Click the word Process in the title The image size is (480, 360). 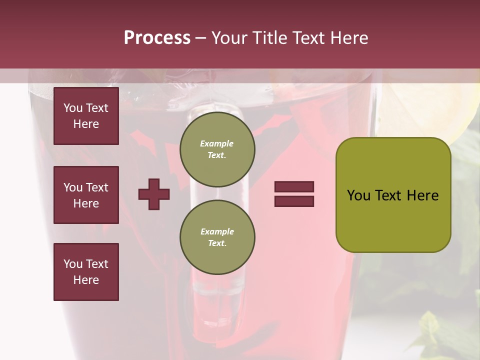point(157,38)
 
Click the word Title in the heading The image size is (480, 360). point(269,38)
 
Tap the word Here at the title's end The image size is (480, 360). point(348,38)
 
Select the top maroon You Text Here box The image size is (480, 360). point(86,116)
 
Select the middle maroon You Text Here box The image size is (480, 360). point(86,195)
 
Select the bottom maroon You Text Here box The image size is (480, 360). point(86,271)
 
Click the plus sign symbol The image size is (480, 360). point(154,194)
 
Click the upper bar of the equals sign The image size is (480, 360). point(294,187)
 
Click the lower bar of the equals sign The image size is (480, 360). point(294,201)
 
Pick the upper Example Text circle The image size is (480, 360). point(217,149)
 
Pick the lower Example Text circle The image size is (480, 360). point(217,237)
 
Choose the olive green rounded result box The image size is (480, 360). point(393,195)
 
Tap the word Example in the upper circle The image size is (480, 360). point(217,143)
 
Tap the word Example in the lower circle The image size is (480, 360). point(217,231)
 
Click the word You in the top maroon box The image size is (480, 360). point(73,108)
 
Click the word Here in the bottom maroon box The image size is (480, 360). point(86,280)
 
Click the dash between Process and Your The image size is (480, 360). point(201,38)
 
